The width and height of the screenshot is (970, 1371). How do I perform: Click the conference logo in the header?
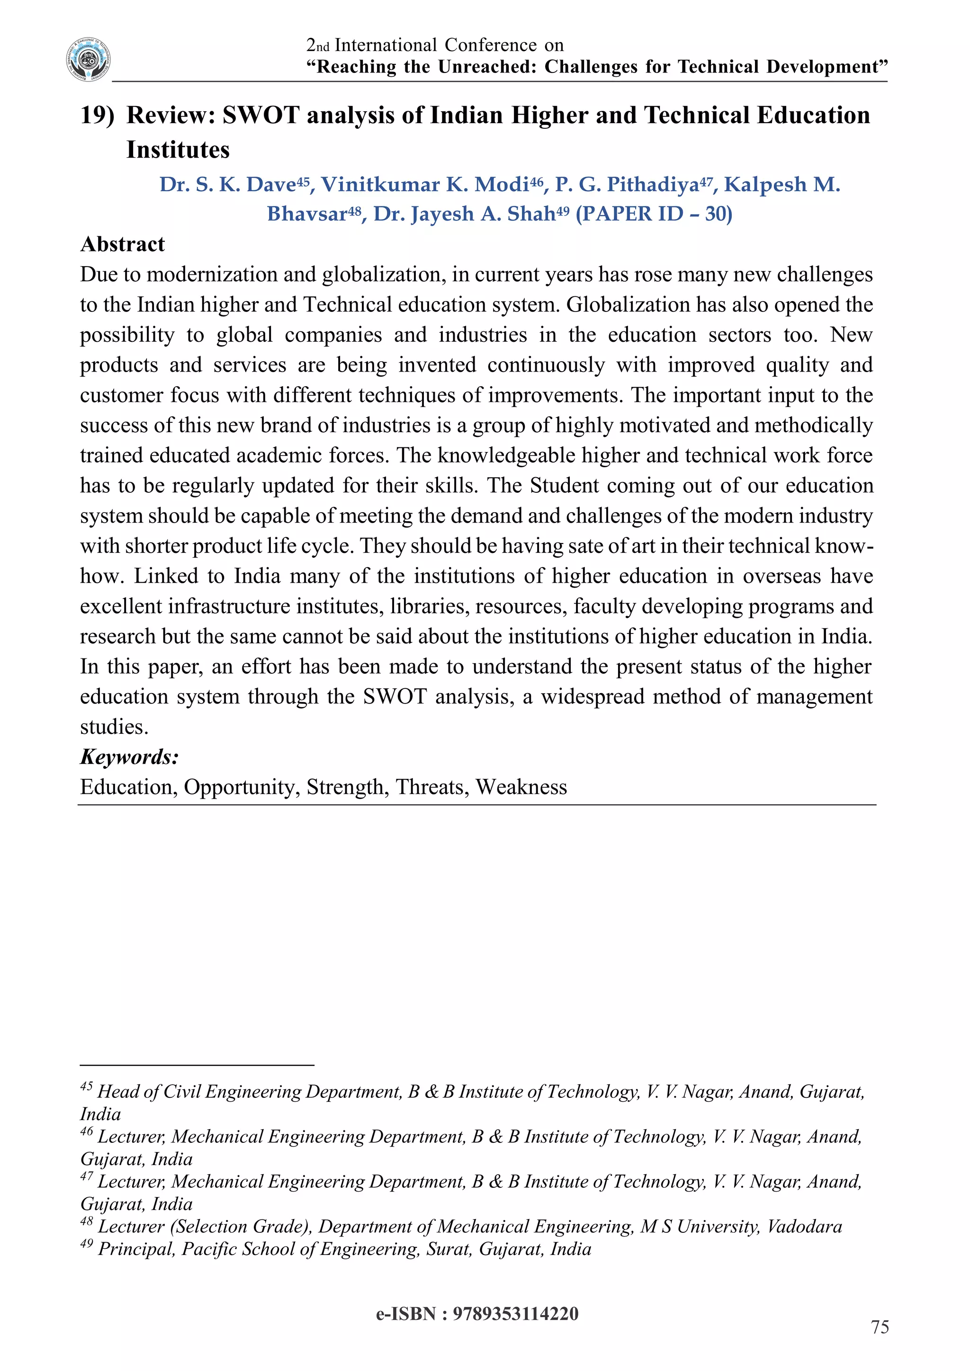tap(89, 59)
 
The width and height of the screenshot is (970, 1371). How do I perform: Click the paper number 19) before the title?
tap(97, 115)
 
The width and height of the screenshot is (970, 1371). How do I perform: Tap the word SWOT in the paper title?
tap(260, 115)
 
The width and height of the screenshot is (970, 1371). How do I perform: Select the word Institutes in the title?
tap(178, 149)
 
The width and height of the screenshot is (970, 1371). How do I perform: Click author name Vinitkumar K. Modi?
tap(425, 185)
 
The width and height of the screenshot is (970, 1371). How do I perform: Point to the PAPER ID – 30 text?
tap(654, 214)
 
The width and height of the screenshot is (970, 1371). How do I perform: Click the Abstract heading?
tap(123, 244)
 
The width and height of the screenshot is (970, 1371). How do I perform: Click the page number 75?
tap(880, 1327)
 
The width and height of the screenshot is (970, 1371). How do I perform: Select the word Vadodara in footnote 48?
tap(804, 1227)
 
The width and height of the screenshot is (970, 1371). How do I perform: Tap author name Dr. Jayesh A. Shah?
tap(465, 214)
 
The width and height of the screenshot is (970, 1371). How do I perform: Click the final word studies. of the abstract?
tap(114, 727)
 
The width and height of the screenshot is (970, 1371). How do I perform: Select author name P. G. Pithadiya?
tap(627, 185)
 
